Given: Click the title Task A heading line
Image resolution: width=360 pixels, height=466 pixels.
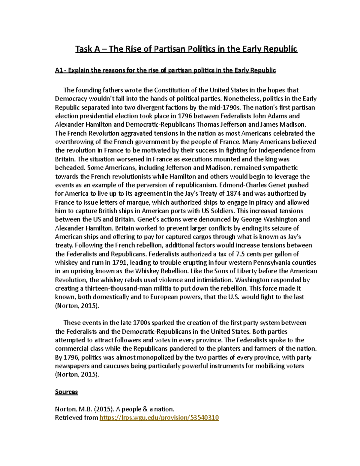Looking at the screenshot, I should pyautogui.click(x=186, y=49).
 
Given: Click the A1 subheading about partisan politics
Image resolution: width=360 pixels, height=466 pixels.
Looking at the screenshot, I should pyautogui.click(x=165, y=71).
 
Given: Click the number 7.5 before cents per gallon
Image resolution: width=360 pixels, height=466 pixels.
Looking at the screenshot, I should pyautogui.click(x=240, y=254).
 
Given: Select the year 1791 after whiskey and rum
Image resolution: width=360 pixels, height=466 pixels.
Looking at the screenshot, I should pyautogui.click(x=119, y=263).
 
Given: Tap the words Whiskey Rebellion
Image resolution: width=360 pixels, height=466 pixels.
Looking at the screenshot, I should pyautogui.click(x=161, y=271).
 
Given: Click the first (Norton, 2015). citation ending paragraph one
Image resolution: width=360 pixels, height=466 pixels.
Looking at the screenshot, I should pyautogui.click(x=77, y=306).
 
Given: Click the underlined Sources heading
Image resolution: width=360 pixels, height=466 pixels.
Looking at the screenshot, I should pyautogui.click(x=66, y=392).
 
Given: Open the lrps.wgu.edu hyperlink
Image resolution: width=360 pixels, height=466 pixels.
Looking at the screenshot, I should pyautogui.click(x=159, y=418).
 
